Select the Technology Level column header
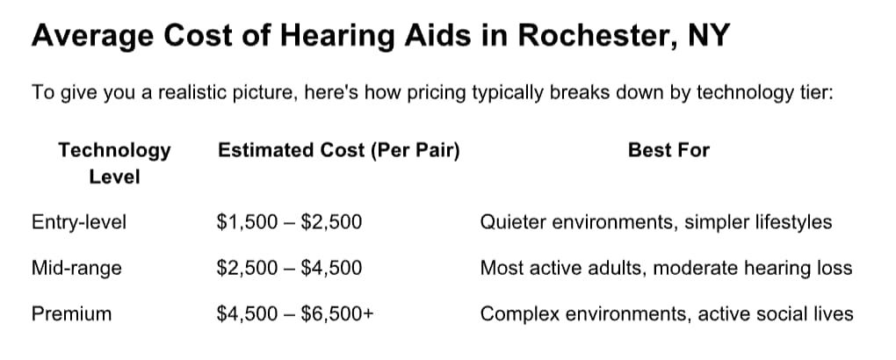coord(114,162)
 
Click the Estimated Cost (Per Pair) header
coord(338,150)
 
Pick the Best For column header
coord(668,150)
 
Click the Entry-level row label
coord(79,222)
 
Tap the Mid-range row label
coord(76,268)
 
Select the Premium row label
coord(71,313)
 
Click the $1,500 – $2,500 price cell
coord(289,222)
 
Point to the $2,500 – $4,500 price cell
coord(289,268)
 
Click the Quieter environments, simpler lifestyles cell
coord(655,222)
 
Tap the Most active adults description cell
coord(666,268)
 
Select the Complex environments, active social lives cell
coord(666,313)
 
